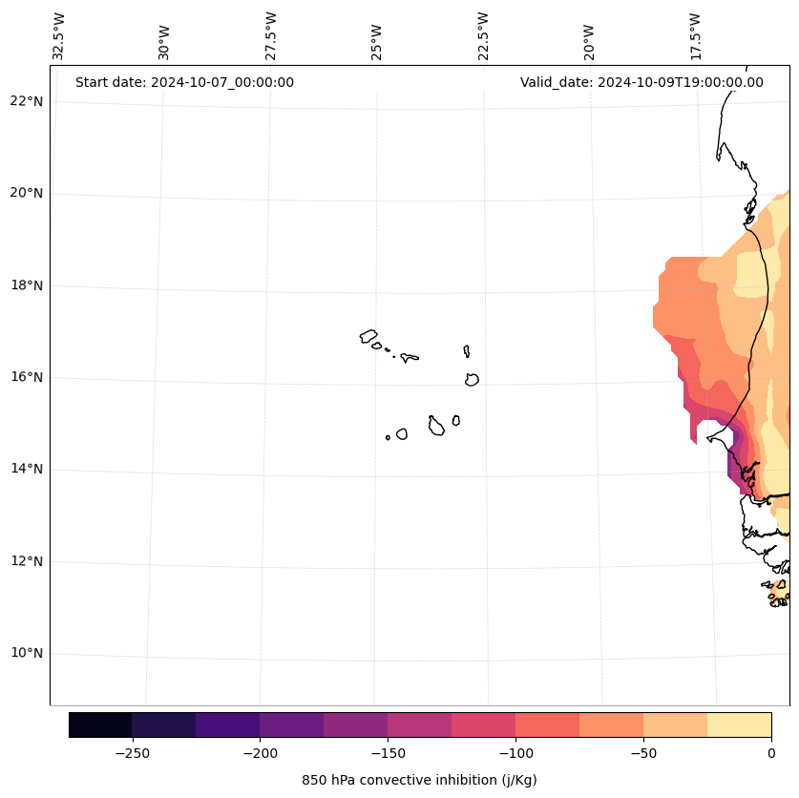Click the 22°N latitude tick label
click(27, 101)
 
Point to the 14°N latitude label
click(27, 469)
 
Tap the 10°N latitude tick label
click(27, 653)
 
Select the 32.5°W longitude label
click(59, 36)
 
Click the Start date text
click(184, 82)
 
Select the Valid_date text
click(641, 82)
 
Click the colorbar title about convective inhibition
click(419, 780)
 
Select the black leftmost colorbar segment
click(100, 724)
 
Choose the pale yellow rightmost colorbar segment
click(739, 724)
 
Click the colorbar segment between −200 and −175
click(291, 724)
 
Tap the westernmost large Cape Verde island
click(368, 336)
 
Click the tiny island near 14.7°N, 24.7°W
click(388, 437)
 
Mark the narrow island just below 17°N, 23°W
click(467, 351)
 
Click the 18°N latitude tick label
click(27, 285)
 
